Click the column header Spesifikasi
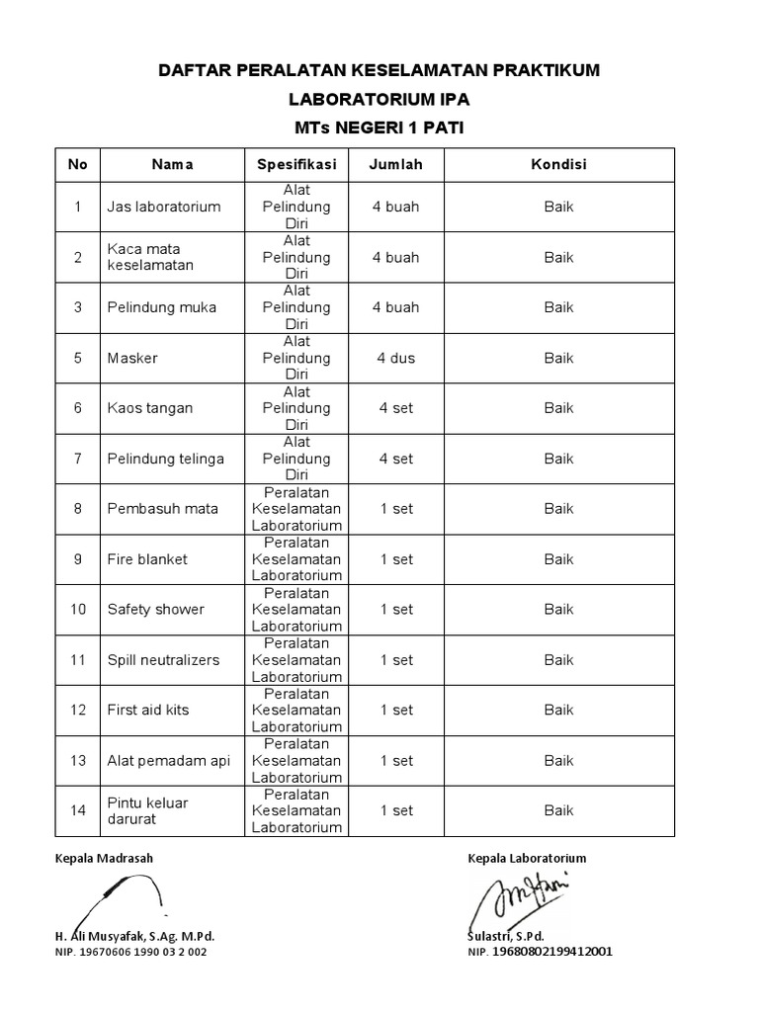pyautogui.click(x=296, y=164)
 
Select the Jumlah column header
pyautogui.click(x=395, y=164)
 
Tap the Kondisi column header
pyautogui.click(x=558, y=164)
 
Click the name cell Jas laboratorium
pyautogui.click(x=164, y=208)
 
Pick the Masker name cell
pyautogui.click(x=132, y=358)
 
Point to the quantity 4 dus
pyautogui.click(x=395, y=358)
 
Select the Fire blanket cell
pyautogui.click(x=147, y=559)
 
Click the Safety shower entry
pyautogui.click(x=155, y=610)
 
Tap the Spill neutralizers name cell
pyautogui.click(x=163, y=660)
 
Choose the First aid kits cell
pyautogui.click(x=148, y=711)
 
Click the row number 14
pyautogui.click(x=78, y=810)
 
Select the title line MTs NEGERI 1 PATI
pyautogui.click(x=379, y=127)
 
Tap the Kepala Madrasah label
pyautogui.click(x=104, y=858)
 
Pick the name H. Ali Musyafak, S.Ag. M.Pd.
pyautogui.click(x=134, y=935)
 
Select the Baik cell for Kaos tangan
pyautogui.click(x=558, y=408)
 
